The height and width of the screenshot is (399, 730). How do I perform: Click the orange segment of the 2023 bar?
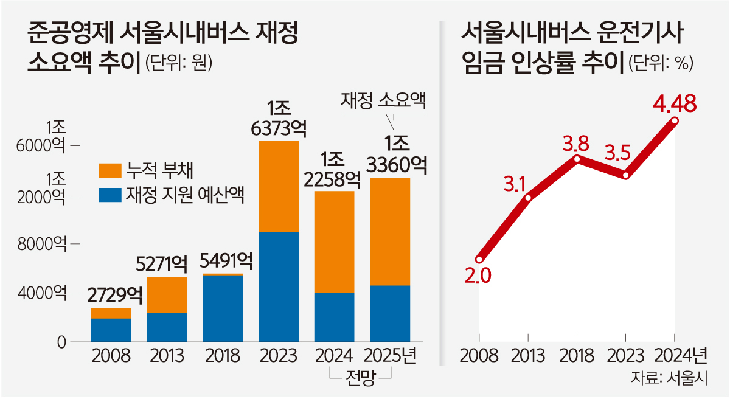click(278, 186)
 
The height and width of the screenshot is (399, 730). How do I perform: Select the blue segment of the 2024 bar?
click(334, 317)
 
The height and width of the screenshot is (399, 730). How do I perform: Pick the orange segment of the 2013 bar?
click(167, 295)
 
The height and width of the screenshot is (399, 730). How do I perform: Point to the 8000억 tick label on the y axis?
click(46, 245)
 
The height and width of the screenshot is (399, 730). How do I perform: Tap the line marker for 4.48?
click(674, 121)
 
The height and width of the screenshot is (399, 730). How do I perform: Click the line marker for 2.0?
click(479, 260)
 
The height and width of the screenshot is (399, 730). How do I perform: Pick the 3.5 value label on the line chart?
click(617, 153)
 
